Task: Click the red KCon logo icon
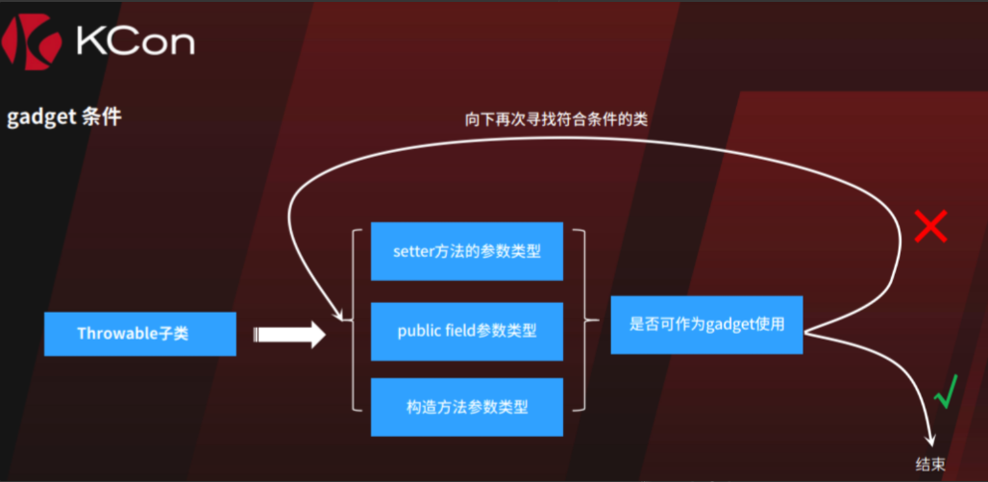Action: pyautogui.click(x=32, y=41)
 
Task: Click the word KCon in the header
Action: pyautogui.click(x=135, y=41)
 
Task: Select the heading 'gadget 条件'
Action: pyautogui.click(x=63, y=117)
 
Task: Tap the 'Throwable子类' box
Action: pyautogui.click(x=140, y=334)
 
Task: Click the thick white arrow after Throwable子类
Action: pyautogui.click(x=289, y=335)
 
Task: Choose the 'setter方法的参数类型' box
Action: pyautogui.click(x=467, y=251)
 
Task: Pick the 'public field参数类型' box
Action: pyautogui.click(x=467, y=331)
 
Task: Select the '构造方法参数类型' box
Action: pyautogui.click(x=467, y=407)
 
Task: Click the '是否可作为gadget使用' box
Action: pyautogui.click(x=707, y=325)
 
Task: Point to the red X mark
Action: pyautogui.click(x=931, y=226)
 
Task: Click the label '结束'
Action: pyautogui.click(x=930, y=465)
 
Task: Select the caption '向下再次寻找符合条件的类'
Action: pyautogui.click(x=556, y=120)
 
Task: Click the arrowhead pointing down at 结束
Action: pyautogui.click(x=930, y=441)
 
